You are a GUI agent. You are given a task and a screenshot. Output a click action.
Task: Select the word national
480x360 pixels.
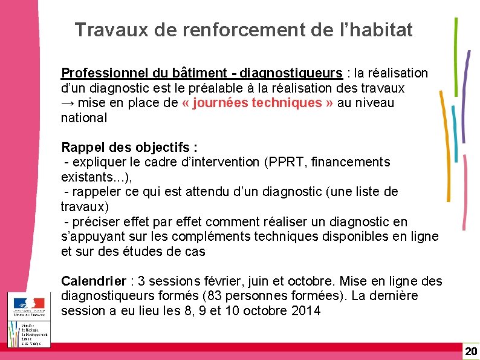pos(83,118)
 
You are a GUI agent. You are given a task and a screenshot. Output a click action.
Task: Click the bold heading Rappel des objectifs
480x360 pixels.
pos(129,148)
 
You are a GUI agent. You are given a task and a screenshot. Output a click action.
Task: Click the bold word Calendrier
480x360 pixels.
pos(94,281)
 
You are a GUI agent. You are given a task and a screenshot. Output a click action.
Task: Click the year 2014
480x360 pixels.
pos(306,312)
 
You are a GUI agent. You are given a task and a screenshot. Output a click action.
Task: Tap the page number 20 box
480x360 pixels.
pos(470,352)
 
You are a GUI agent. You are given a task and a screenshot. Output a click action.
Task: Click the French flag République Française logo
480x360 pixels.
pos(29,306)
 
